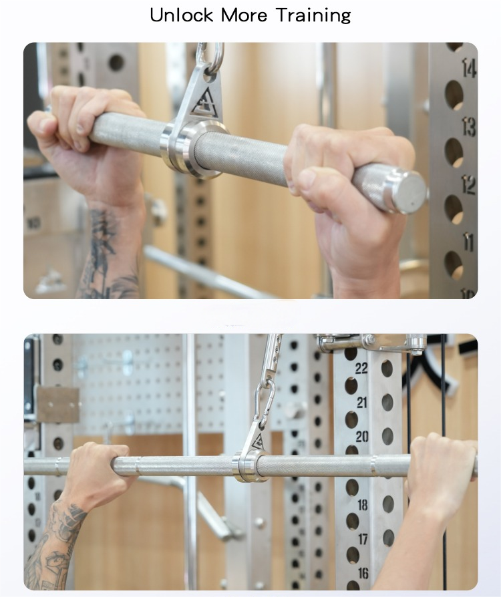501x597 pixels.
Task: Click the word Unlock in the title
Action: coord(181,15)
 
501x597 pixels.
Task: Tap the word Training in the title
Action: coord(313,16)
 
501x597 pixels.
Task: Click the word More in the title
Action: coord(244,15)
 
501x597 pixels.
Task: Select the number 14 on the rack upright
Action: coord(469,68)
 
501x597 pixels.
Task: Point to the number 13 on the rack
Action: coord(469,126)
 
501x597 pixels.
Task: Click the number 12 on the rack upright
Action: coord(469,185)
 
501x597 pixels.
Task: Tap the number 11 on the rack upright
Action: coord(468,242)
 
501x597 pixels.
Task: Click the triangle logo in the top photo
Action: coord(204,103)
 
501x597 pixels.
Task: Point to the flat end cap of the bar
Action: coord(409,190)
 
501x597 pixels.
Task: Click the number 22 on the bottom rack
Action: coord(361,368)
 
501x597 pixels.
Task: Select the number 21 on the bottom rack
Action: coord(362,403)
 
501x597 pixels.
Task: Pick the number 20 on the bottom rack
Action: coord(362,437)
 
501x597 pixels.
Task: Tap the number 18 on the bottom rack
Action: coord(363,506)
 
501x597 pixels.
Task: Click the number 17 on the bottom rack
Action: coord(363,539)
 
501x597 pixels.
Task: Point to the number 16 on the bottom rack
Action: coord(363,573)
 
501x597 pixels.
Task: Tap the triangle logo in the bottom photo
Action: coord(259,441)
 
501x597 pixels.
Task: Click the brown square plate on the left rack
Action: coord(58,405)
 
